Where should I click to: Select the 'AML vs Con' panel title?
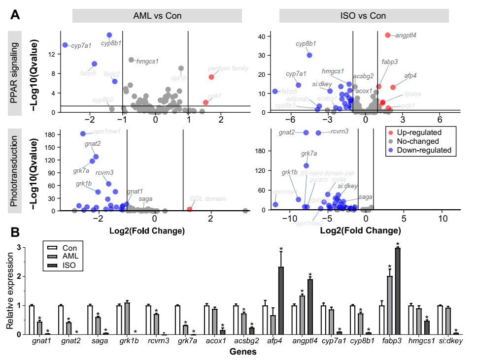click(x=157, y=16)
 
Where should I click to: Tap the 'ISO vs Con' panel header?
click(x=364, y=16)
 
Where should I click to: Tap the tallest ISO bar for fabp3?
click(x=398, y=291)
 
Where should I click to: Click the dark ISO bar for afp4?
click(x=281, y=300)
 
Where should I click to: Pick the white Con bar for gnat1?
click(x=32, y=320)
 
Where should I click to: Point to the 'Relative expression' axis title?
click(x=10, y=291)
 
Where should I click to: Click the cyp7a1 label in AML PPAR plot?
click(x=81, y=46)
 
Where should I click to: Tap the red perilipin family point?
click(x=211, y=77)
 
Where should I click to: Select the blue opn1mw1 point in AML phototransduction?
click(x=83, y=133)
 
